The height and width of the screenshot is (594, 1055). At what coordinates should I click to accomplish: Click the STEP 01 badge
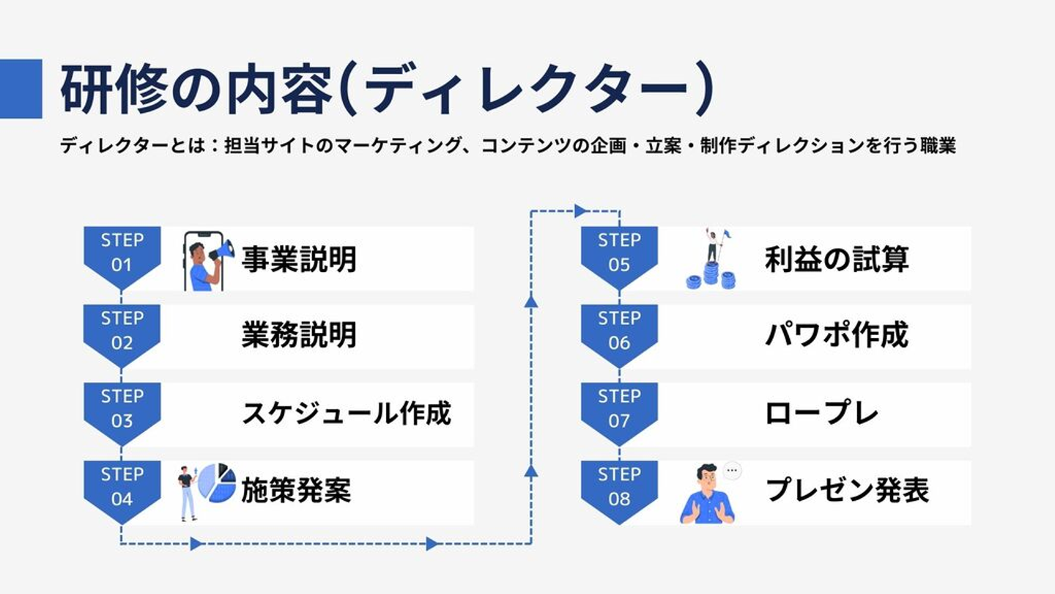(122, 254)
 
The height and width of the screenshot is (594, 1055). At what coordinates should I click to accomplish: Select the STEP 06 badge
(619, 331)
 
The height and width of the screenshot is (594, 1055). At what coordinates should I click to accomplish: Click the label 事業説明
(299, 260)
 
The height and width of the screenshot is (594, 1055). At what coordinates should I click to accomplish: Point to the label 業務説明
(299, 336)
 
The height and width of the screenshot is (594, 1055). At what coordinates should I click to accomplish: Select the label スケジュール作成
(346, 414)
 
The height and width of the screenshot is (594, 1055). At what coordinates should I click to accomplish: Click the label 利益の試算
(837, 260)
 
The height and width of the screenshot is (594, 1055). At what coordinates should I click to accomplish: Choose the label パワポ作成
(837, 336)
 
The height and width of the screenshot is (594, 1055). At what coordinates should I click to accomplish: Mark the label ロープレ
(821, 414)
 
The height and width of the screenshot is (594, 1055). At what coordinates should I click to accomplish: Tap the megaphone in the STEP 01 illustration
(222, 251)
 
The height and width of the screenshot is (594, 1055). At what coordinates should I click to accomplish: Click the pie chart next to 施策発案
(217, 483)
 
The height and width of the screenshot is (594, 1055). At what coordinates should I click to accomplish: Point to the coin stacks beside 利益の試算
(711, 278)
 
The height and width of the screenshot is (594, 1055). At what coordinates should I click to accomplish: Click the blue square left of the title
(21, 88)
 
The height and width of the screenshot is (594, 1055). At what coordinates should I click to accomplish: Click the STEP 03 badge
(122, 409)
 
